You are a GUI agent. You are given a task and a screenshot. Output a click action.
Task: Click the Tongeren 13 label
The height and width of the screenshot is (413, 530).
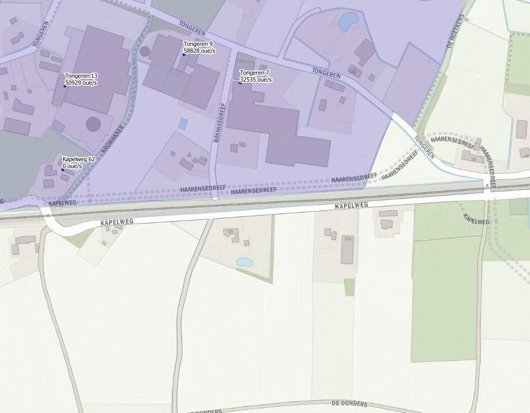click(81, 76)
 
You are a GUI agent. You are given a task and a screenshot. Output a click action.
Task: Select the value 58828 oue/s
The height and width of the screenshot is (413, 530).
click(199, 51)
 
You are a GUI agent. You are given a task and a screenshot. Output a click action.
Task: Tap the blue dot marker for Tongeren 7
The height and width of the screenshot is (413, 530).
click(240, 83)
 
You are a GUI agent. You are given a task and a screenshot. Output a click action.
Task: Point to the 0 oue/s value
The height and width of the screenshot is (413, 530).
click(72, 166)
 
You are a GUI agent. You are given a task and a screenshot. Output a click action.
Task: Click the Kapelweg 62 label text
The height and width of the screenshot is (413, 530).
click(78, 159)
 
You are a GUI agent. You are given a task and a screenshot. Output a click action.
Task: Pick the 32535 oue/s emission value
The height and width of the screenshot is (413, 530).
click(256, 80)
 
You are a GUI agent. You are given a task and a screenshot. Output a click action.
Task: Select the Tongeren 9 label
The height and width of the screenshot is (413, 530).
click(198, 44)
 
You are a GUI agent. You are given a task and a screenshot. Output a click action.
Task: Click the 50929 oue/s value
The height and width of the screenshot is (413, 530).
click(81, 83)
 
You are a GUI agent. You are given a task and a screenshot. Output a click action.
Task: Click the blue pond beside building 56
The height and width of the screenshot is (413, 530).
click(244, 262)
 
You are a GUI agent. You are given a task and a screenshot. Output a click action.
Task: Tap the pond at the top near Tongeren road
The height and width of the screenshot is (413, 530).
click(348, 22)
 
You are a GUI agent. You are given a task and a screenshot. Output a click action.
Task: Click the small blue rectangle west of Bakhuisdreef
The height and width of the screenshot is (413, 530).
click(183, 124)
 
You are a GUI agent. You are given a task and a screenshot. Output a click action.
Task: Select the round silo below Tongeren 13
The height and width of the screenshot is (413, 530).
click(93, 124)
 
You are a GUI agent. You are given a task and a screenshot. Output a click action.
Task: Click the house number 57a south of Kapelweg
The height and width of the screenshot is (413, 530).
click(347, 239)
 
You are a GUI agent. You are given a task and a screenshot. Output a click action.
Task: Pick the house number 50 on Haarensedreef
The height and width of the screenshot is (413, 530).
click(473, 159)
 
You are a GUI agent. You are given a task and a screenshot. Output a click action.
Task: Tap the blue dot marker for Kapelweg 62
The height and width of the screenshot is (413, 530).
click(63, 169)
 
